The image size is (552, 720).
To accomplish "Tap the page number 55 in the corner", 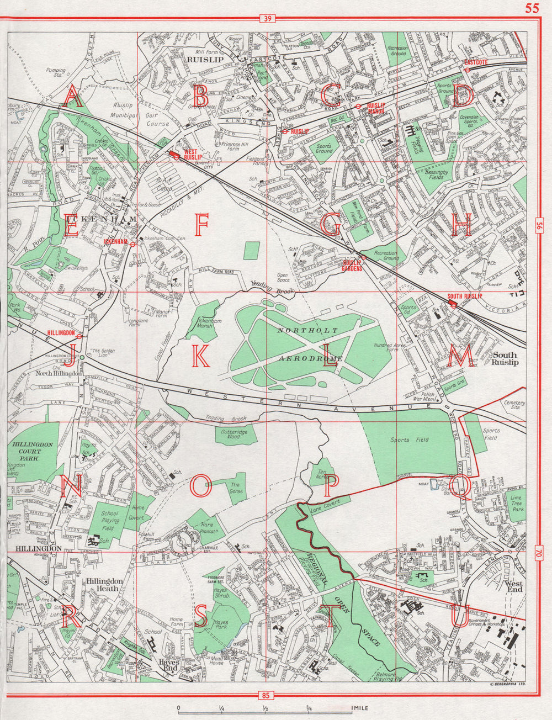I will click(532, 8).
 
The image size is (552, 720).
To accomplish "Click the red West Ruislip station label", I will click(192, 154).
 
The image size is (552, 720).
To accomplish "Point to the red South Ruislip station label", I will click(465, 297).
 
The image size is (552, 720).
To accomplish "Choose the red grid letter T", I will click(330, 618).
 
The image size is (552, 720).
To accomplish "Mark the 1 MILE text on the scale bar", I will click(359, 708).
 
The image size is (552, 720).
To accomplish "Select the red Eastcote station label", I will click(475, 62).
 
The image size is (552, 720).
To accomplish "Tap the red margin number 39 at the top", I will click(267, 19).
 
